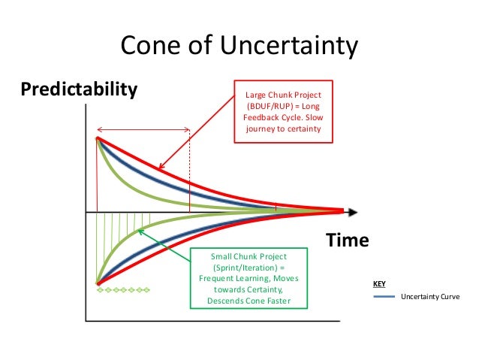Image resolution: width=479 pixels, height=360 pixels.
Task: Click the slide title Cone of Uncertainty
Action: (239, 47)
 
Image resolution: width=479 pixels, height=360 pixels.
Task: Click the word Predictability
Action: (80, 90)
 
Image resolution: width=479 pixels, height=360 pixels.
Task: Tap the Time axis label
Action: (347, 241)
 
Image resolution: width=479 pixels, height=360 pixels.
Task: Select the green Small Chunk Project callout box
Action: (249, 278)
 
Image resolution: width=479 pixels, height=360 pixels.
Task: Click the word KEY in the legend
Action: (380, 285)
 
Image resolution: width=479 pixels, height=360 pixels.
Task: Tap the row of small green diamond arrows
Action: (125, 289)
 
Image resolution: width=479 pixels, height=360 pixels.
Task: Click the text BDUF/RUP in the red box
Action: (274, 106)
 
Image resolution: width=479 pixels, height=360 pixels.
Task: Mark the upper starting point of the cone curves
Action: (98, 138)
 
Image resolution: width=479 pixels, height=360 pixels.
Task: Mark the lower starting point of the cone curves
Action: (98, 283)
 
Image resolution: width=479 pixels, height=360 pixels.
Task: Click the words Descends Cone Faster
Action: (249, 301)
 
